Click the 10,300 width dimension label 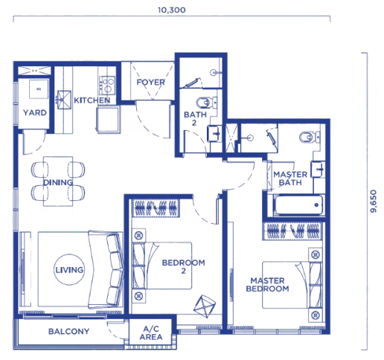click(x=172, y=10)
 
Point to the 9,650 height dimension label click(x=373, y=201)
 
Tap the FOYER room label click(x=150, y=82)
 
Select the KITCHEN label click(x=92, y=100)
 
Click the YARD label click(x=35, y=112)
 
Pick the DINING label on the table click(x=58, y=182)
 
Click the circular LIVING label click(x=69, y=269)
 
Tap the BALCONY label click(x=68, y=331)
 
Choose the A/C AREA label click(x=151, y=332)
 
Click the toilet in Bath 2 click(x=206, y=103)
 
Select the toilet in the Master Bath click(x=310, y=137)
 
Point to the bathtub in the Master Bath click(x=298, y=205)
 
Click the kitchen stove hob click(x=107, y=85)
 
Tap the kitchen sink click(x=64, y=100)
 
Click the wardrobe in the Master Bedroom click(x=294, y=231)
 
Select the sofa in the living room click(x=106, y=270)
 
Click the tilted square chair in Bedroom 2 click(x=205, y=306)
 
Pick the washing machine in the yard click(x=39, y=89)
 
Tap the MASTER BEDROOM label click(x=267, y=285)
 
